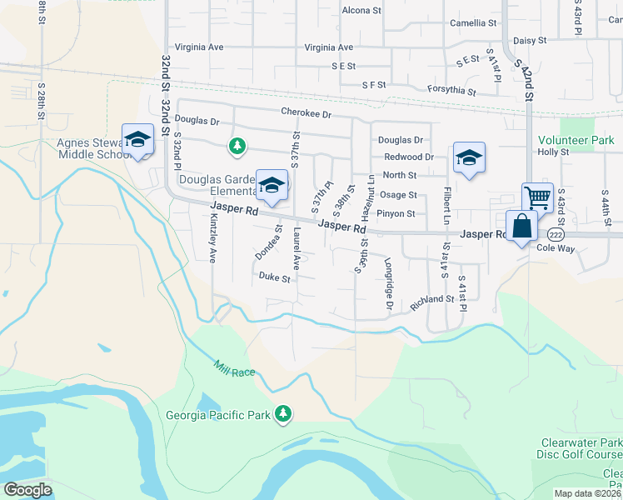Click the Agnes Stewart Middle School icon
[x=137, y=139]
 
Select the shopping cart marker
[x=537, y=198]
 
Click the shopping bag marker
[x=521, y=226]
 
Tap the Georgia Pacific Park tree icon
[x=284, y=414]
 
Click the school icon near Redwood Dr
[x=469, y=157]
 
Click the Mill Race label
[x=234, y=368]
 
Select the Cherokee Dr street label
[x=306, y=112]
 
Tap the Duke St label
[x=274, y=277]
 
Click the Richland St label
[x=431, y=302]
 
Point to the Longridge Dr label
[x=389, y=286]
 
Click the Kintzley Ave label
[x=213, y=238]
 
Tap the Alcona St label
[x=361, y=11]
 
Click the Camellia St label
[x=472, y=23]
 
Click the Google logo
[x=27, y=489]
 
